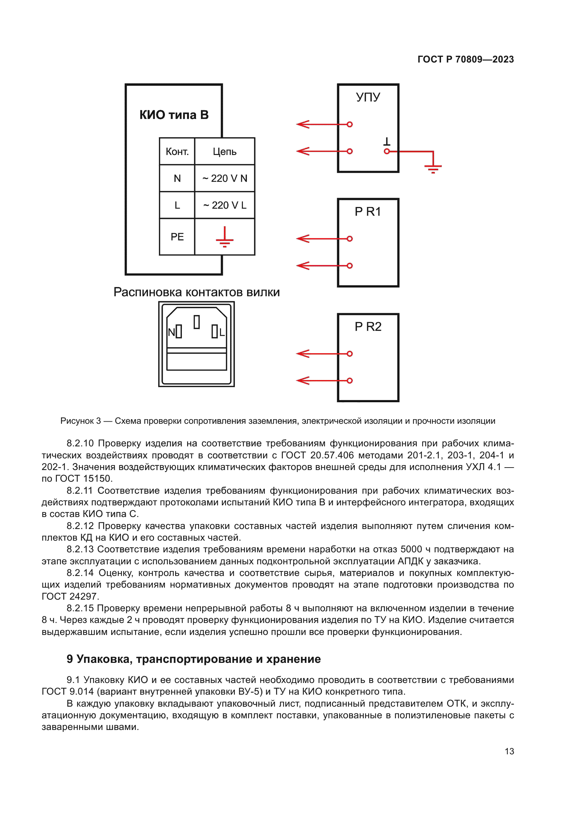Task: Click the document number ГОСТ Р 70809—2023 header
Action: click(465, 59)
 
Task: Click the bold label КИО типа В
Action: click(174, 115)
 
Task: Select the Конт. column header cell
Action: click(177, 151)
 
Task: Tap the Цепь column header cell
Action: click(225, 151)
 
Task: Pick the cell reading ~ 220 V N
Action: click(225, 178)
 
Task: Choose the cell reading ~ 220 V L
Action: click(225, 205)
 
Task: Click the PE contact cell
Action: click(177, 237)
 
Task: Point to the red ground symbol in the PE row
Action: click(225, 237)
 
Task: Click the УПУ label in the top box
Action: click(368, 97)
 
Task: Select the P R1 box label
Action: click(368, 212)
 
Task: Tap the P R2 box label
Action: click(368, 326)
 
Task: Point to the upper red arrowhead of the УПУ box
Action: click(303, 124)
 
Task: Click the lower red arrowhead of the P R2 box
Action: click(303, 380)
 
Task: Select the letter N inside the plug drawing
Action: click(171, 332)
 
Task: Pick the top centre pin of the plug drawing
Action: click(196, 322)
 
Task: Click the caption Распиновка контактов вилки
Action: click(196, 292)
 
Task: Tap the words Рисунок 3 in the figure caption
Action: click(81, 421)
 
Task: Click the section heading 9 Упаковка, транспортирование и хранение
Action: click(193, 659)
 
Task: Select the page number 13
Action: click(509, 751)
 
